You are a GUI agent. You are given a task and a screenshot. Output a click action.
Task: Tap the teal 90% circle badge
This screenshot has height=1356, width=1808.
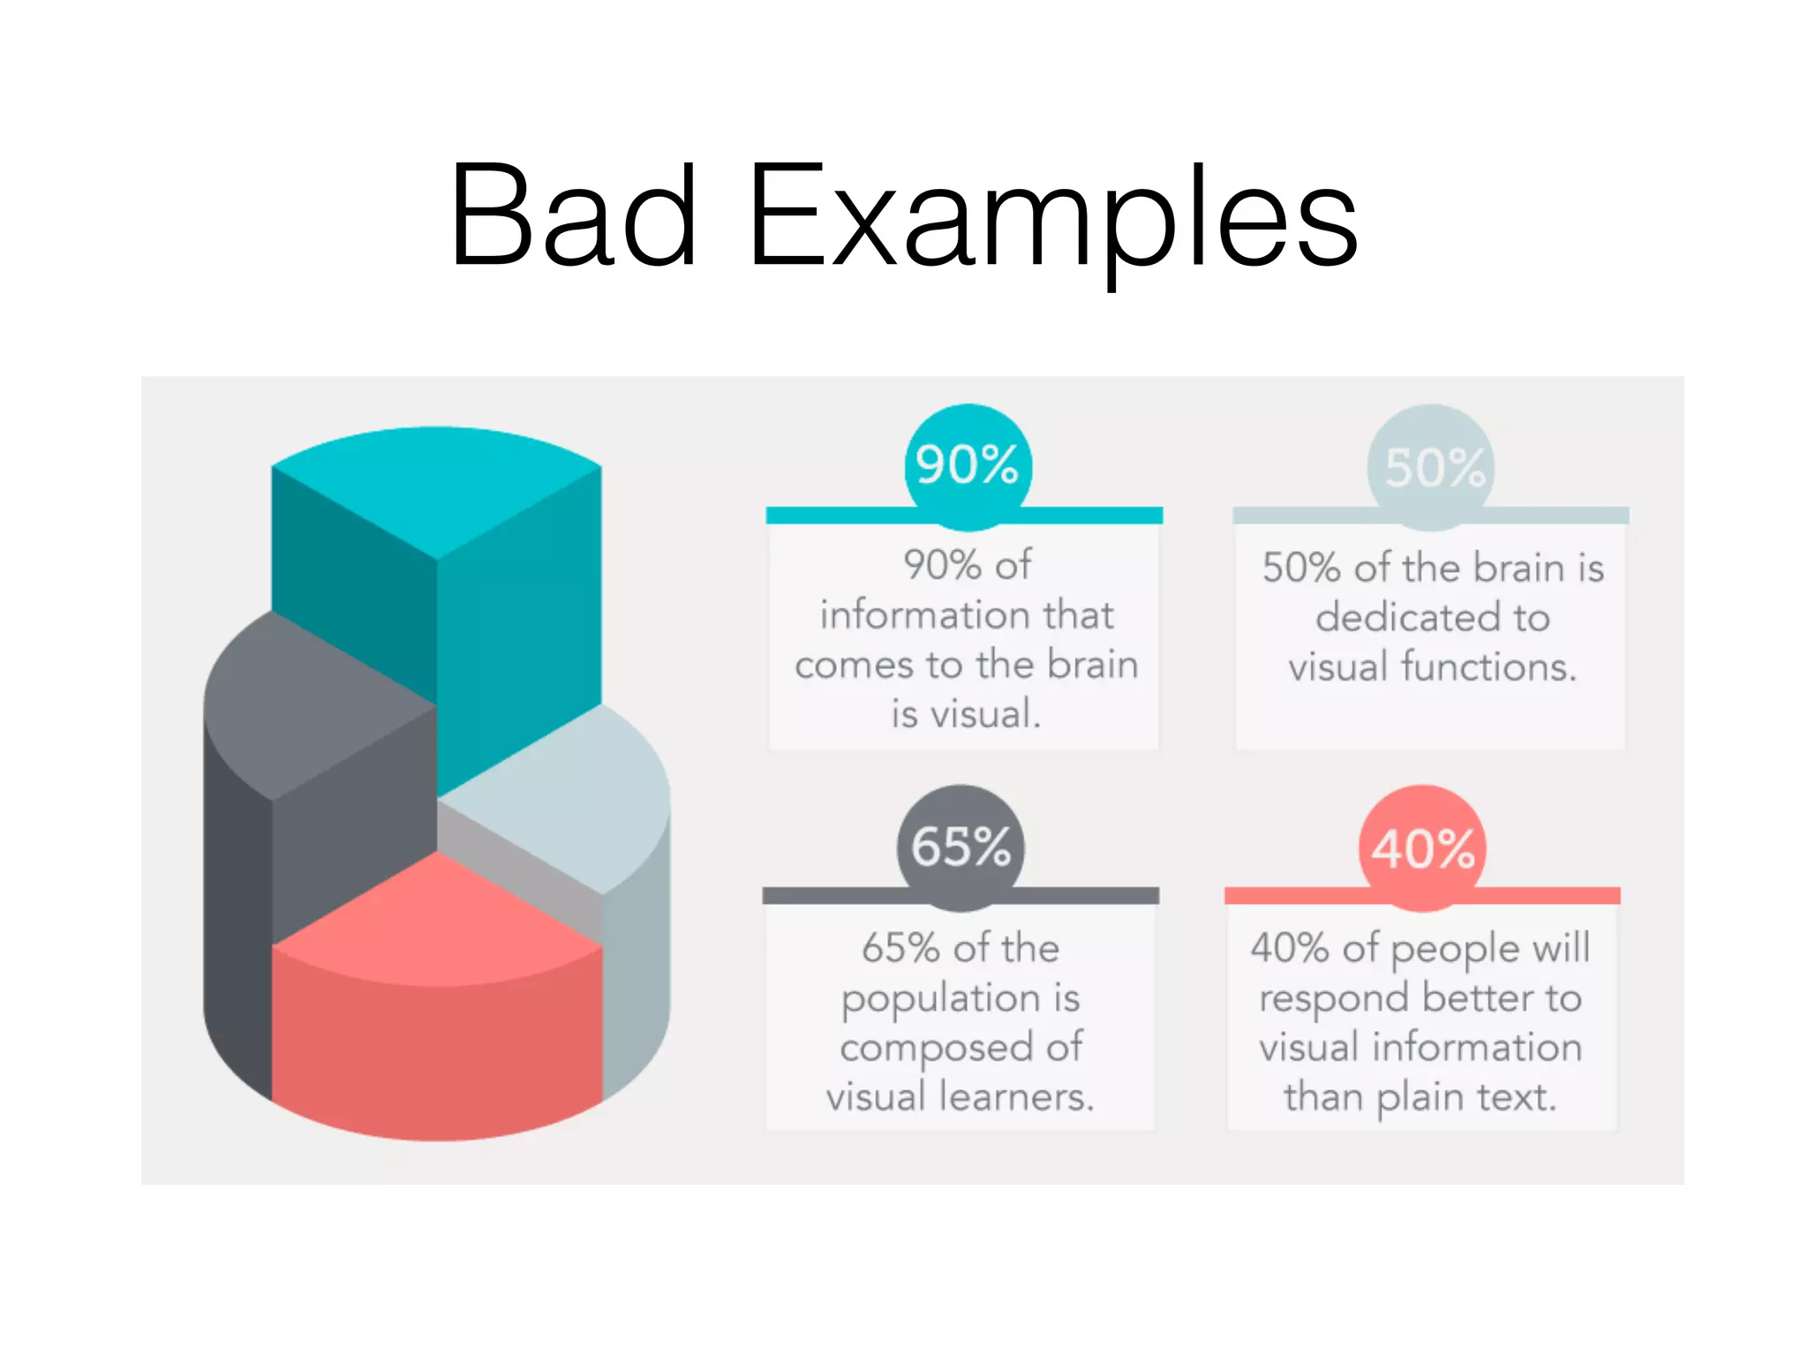coord(968,465)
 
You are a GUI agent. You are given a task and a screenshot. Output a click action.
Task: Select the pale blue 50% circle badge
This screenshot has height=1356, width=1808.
coord(1431,467)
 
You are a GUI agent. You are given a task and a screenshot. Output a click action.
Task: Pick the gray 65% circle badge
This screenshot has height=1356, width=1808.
coord(960,847)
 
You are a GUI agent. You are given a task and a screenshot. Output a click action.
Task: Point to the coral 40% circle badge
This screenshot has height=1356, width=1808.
coord(1422,848)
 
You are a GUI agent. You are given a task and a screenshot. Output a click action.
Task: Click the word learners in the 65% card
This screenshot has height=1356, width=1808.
coord(1015,1097)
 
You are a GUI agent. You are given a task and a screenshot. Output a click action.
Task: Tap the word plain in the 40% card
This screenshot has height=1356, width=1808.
coord(1421,1098)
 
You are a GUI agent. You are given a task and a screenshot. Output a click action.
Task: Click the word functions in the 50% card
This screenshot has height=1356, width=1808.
coord(1488,667)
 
